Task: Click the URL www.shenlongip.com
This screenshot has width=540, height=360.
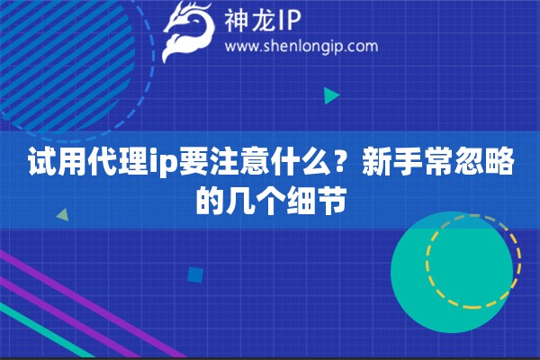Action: click(301, 46)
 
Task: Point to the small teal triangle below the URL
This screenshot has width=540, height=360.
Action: click(331, 94)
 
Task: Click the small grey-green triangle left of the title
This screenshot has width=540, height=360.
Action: click(62, 215)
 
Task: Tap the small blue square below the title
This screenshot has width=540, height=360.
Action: click(193, 274)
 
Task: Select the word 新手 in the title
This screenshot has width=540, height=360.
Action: click(386, 164)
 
